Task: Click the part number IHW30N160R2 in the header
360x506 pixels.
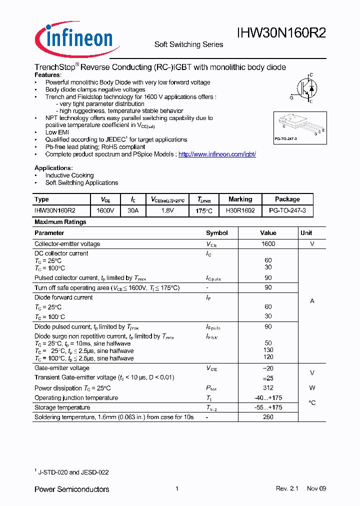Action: tap(281, 33)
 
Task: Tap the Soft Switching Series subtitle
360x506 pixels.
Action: tap(188, 44)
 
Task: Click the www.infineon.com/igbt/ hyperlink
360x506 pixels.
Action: tap(217, 154)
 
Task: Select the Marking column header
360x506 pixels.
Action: tap(240, 199)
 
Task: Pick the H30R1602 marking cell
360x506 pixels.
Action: tap(240, 211)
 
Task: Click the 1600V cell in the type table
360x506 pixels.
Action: tap(105, 211)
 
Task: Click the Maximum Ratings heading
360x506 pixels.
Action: tap(60, 222)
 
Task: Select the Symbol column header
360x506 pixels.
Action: tap(216, 233)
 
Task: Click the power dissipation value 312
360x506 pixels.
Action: tap(268, 388)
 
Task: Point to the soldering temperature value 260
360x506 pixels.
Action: tap(268, 417)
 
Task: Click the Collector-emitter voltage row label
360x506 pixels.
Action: tap(67, 244)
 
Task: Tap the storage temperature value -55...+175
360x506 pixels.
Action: tap(268, 407)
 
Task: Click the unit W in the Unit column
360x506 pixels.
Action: tap(312, 388)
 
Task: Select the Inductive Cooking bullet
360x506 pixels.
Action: tap(69, 175)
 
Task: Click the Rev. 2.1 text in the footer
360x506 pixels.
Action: tap(286, 488)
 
